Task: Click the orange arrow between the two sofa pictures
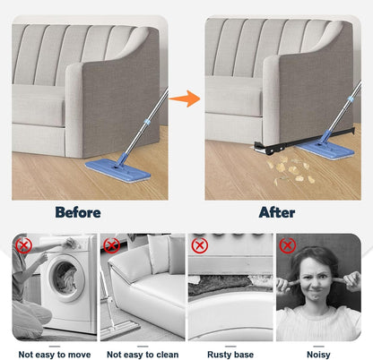pos(186,99)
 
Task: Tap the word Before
pos(78,212)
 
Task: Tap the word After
pos(277,212)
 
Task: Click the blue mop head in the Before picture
pos(117,168)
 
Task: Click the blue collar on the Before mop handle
pos(146,122)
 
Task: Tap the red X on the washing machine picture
pos(23,245)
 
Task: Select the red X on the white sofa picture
pos(111,245)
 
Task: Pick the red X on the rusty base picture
pos(200,245)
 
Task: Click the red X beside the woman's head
pos(288,245)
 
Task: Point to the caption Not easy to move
pos(55,355)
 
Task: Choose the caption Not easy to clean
pos(143,355)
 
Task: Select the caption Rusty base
pos(230,355)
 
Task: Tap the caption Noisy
pos(318,355)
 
